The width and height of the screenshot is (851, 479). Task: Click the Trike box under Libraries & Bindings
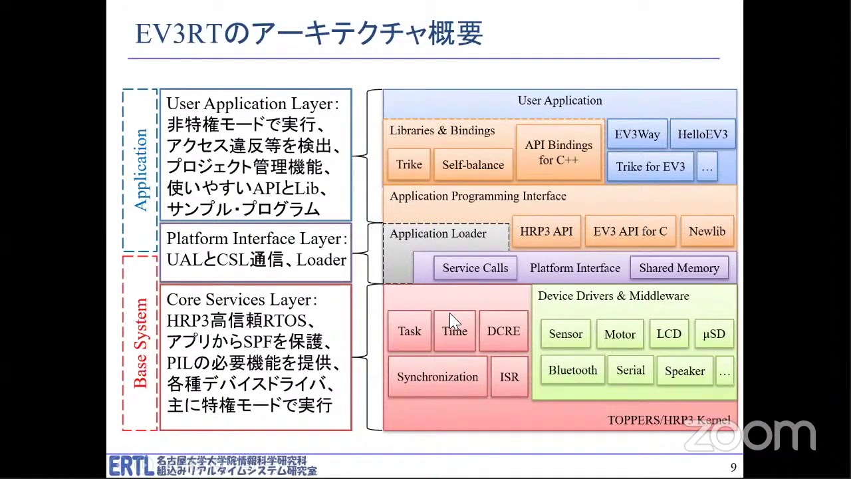point(409,165)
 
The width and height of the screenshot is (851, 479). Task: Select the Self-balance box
point(473,165)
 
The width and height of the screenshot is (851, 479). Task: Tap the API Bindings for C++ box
point(558,152)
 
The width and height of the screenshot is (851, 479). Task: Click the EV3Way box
point(637,134)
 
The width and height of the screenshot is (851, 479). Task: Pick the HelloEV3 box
point(702,134)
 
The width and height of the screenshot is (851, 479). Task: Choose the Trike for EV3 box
point(650,167)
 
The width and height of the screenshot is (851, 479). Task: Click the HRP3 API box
point(546,232)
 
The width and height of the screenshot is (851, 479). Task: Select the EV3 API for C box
point(630,232)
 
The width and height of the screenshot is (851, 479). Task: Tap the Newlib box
point(707,232)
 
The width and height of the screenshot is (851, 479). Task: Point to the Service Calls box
point(475,268)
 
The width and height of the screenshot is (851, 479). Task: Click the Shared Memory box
point(679,268)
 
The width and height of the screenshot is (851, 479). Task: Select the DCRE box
point(503,331)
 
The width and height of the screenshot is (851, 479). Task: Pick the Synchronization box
point(437,377)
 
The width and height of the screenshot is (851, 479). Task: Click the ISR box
point(509,377)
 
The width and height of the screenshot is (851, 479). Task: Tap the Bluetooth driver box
point(572,371)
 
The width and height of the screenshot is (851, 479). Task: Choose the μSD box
point(714,334)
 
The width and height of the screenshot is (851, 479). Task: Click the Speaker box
point(684,371)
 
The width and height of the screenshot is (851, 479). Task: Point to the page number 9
point(733,468)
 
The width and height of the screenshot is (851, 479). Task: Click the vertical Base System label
point(140,343)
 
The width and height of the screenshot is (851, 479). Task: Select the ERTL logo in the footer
point(132,466)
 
